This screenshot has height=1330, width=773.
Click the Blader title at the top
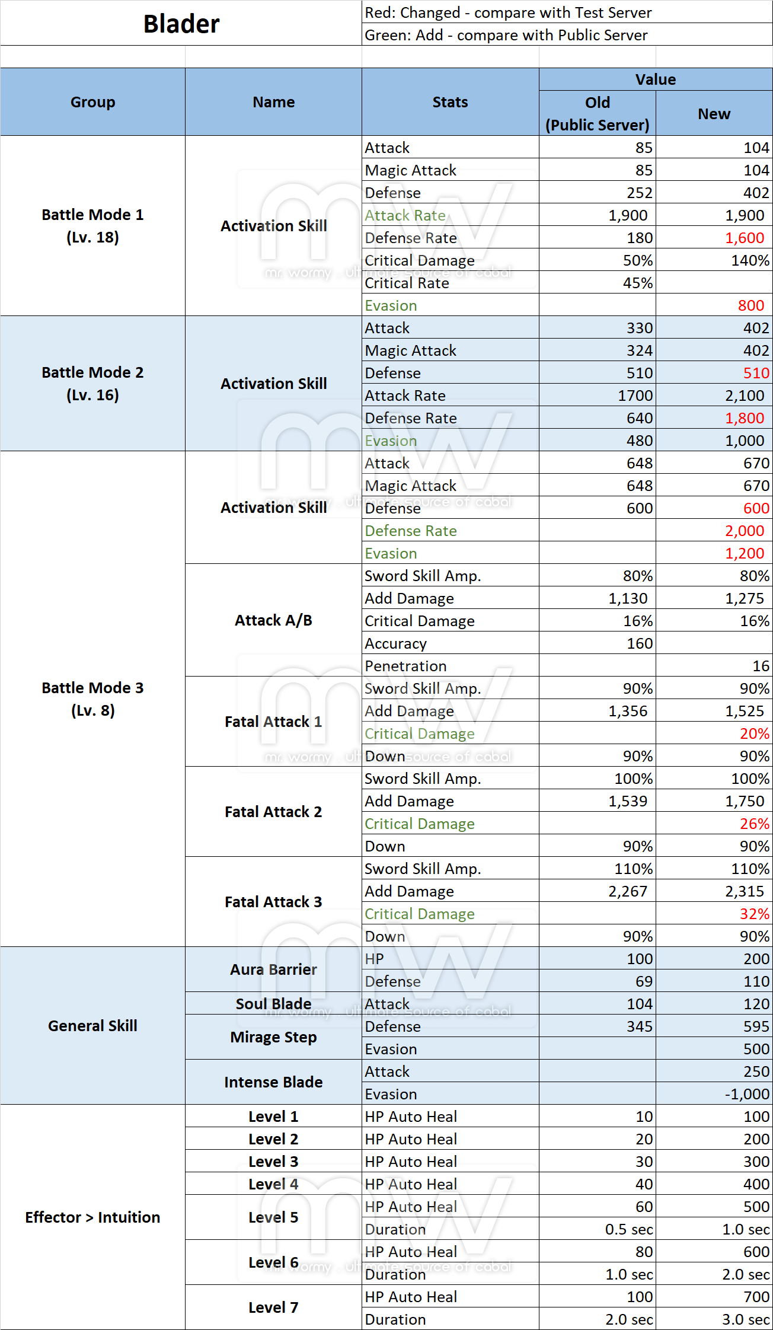click(x=181, y=24)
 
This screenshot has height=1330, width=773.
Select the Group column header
click(x=92, y=102)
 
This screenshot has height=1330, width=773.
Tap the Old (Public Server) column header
click(x=597, y=113)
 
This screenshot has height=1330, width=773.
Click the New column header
click(x=714, y=114)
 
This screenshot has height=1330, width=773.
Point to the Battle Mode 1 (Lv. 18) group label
click(x=92, y=226)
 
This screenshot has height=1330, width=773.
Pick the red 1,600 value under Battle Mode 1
click(x=745, y=238)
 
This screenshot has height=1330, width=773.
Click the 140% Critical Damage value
click(x=750, y=260)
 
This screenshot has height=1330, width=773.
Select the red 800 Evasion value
click(x=750, y=305)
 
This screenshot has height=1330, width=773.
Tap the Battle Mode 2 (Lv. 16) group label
click(x=92, y=384)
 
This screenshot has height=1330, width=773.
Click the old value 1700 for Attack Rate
click(x=635, y=396)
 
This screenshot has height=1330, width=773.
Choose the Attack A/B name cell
click(x=273, y=620)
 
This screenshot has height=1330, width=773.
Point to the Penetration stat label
click(x=405, y=666)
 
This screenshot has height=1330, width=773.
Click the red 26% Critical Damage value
click(x=754, y=824)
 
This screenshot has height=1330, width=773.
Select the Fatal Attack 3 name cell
click(x=273, y=902)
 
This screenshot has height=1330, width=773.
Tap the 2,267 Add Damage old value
click(x=628, y=891)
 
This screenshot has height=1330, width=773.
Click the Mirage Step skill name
click(x=273, y=1037)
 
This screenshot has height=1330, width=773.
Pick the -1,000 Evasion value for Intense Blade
click(x=747, y=1094)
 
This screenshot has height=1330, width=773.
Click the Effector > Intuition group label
click(x=92, y=1217)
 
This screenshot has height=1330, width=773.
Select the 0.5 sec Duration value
click(x=628, y=1229)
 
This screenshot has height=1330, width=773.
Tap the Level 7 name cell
click(x=273, y=1307)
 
